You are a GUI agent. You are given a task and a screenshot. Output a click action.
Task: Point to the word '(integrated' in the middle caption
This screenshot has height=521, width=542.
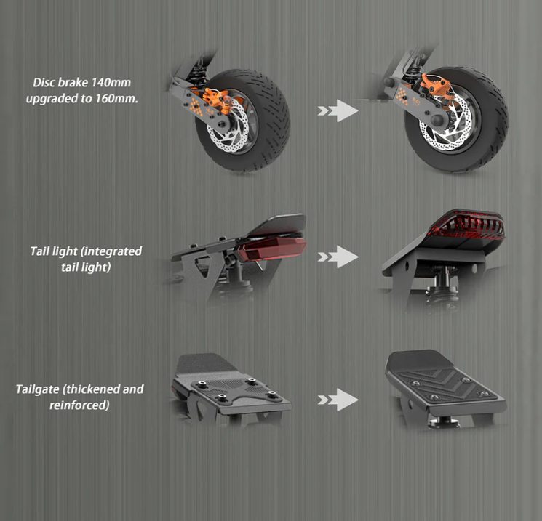111,251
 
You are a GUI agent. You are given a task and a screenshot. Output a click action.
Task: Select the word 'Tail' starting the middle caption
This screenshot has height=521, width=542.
41,251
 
